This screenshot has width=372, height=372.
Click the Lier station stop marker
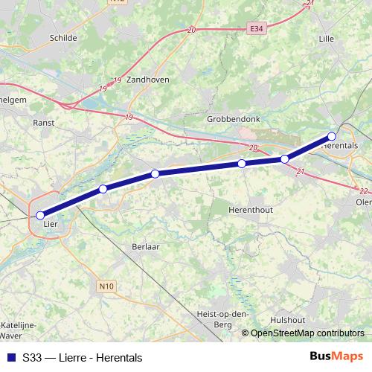coord(40,216)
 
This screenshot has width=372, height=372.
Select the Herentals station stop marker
coord(332,136)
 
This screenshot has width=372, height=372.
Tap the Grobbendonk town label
coord(231,118)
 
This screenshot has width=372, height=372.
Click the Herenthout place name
coord(251,210)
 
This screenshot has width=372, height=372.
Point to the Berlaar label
coord(146,246)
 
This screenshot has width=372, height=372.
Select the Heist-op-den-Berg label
coord(222,318)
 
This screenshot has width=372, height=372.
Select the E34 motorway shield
coord(257,28)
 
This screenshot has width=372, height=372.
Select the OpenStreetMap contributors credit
coord(307,333)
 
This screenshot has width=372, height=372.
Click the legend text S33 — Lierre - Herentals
coord(82,358)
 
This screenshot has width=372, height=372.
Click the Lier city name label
coord(51,223)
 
